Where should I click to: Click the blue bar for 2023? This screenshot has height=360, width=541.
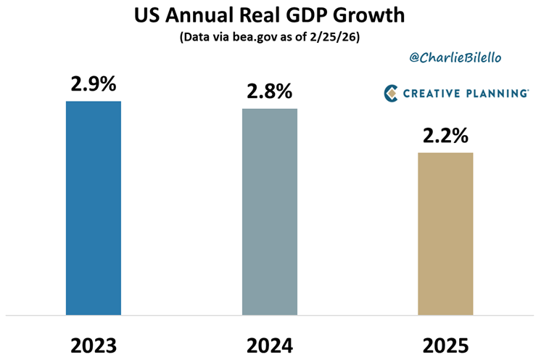tap(93, 208)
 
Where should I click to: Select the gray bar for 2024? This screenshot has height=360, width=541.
tap(269, 211)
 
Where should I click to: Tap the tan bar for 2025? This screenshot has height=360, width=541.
tap(445, 234)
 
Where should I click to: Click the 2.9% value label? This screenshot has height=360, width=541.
tap(94, 83)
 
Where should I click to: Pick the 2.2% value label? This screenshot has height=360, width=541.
tap(445, 136)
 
